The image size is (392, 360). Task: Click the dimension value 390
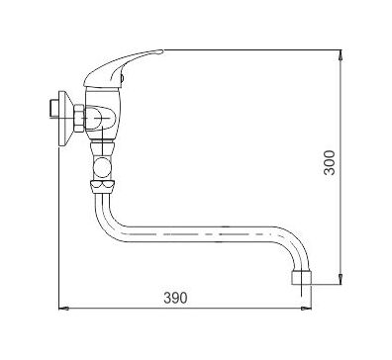click(x=175, y=298)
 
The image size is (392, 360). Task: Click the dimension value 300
click(x=330, y=162)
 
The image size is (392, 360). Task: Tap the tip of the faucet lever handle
click(x=161, y=51)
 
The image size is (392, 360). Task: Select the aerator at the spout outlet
click(x=301, y=278)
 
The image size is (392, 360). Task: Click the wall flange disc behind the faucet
click(x=64, y=119)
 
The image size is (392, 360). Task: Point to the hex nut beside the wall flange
click(x=79, y=119)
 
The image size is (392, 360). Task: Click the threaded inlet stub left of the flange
click(x=53, y=108)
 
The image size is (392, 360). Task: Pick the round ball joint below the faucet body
click(x=103, y=167)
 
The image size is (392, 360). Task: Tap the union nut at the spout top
click(x=103, y=186)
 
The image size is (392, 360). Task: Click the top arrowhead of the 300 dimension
click(x=341, y=55)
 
